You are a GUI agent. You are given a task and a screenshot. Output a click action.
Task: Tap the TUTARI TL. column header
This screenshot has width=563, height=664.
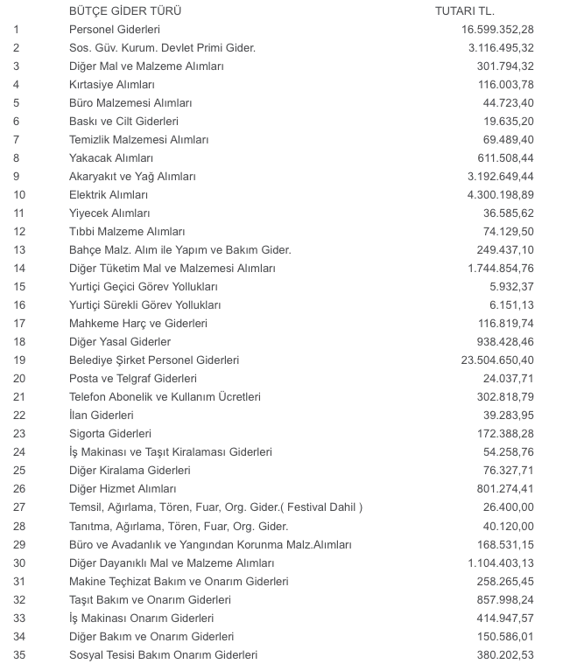pyautogui.click(x=465, y=10)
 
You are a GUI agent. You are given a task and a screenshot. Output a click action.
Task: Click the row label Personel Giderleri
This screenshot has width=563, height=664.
pyautogui.click(x=115, y=30)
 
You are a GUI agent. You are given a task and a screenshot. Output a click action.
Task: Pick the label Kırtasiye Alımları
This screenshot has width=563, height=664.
pyautogui.click(x=112, y=85)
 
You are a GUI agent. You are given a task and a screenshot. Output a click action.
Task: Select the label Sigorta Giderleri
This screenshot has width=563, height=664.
pyautogui.click(x=110, y=434)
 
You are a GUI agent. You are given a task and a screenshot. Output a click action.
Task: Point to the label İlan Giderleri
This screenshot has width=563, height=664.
pyautogui.click(x=101, y=416)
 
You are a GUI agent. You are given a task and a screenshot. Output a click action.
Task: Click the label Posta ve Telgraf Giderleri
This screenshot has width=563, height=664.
pyautogui.click(x=133, y=379)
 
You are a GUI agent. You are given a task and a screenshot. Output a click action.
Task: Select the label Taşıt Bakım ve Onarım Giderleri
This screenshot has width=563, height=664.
pyautogui.click(x=150, y=600)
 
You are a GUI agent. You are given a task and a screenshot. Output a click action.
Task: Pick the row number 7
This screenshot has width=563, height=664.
pyautogui.click(x=17, y=140)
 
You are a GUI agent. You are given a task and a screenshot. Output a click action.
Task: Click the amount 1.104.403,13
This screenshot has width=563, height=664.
pyautogui.click(x=492, y=563)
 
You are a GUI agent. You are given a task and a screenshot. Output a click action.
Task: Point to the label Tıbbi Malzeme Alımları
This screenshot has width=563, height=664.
pyautogui.click(x=127, y=232)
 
